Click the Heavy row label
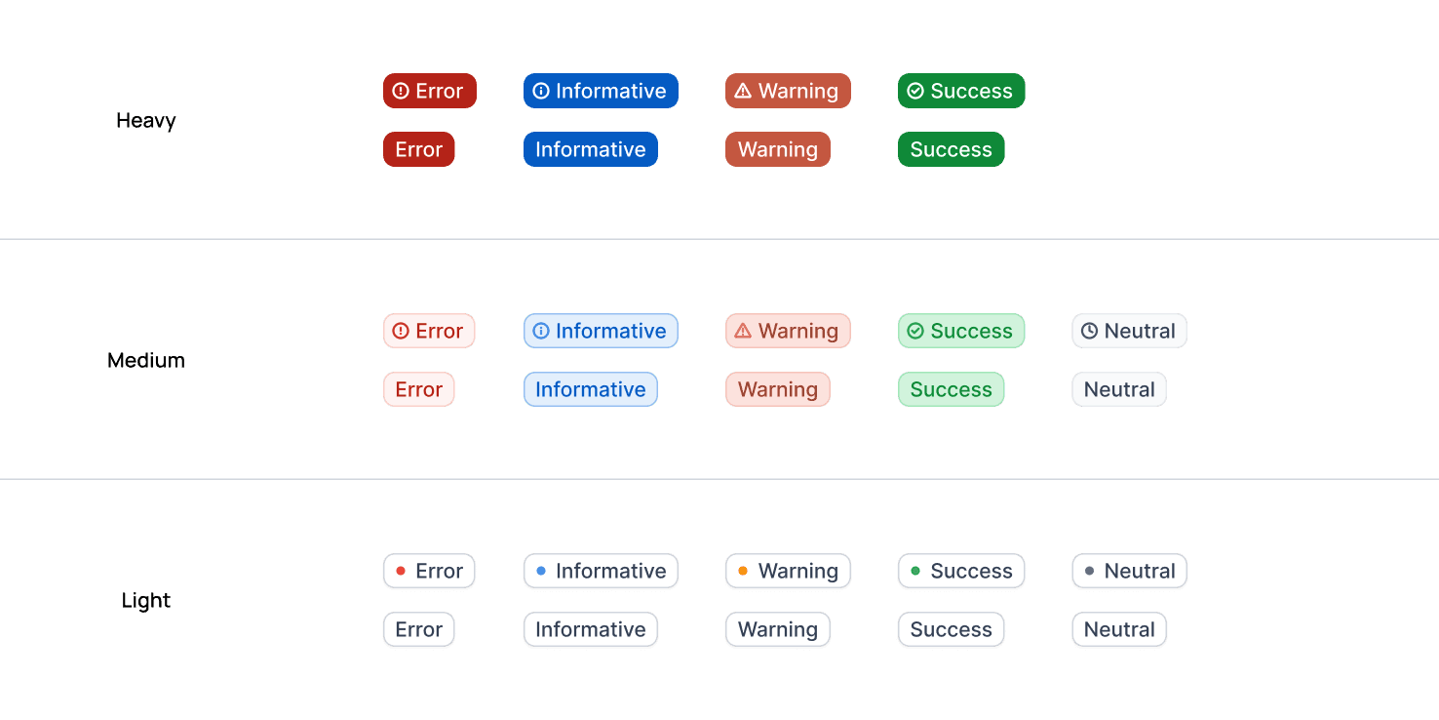click(x=146, y=121)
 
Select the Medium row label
click(x=146, y=360)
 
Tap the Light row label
click(x=146, y=600)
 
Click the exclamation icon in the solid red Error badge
click(x=401, y=91)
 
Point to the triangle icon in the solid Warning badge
click(x=743, y=91)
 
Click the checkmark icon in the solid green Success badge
click(x=915, y=91)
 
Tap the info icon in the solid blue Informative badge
click(x=541, y=91)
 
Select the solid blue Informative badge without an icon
click(x=591, y=149)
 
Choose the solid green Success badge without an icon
click(x=951, y=149)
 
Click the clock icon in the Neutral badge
click(x=1089, y=331)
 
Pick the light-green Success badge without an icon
click(x=951, y=389)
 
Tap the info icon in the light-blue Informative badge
click(x=541, y=331)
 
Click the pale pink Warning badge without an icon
click(x=777, y=389)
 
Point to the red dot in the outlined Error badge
click(x=401, y=571)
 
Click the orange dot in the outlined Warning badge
click(x=743, y=571)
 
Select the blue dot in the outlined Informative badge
click(x=541, y=571)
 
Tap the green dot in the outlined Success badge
click(x=915, y=571)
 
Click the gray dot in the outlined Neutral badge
click(x=1089, y=571)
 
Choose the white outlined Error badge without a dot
click(x=419, y=628)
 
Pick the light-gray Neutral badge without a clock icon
click(x=1119, y=389)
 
